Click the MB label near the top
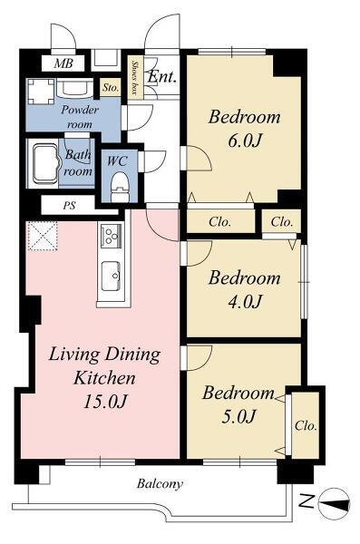(x=63, y=63)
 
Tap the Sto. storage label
(x=111, y=87)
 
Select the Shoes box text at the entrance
(x=134, y=78)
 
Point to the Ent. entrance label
(x=161, y=77)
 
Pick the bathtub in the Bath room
(x=45, y=164)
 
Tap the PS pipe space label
(x=70, y=206)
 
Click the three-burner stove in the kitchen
(x=112, y=236)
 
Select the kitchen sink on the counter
(x=112, y=276)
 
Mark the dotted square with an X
(x=43, y=236)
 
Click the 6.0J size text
(x=245, y=141)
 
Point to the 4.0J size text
(x=245, y=302)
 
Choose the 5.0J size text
(x=238, y=416)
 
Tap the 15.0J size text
(x=104, y=401)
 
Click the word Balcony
(x=160, y=483)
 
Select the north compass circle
(x=334, y=504)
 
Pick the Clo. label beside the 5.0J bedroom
(x=306, y=425)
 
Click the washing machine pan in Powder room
(x=41, y=92)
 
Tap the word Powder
(x=80, y=110)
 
